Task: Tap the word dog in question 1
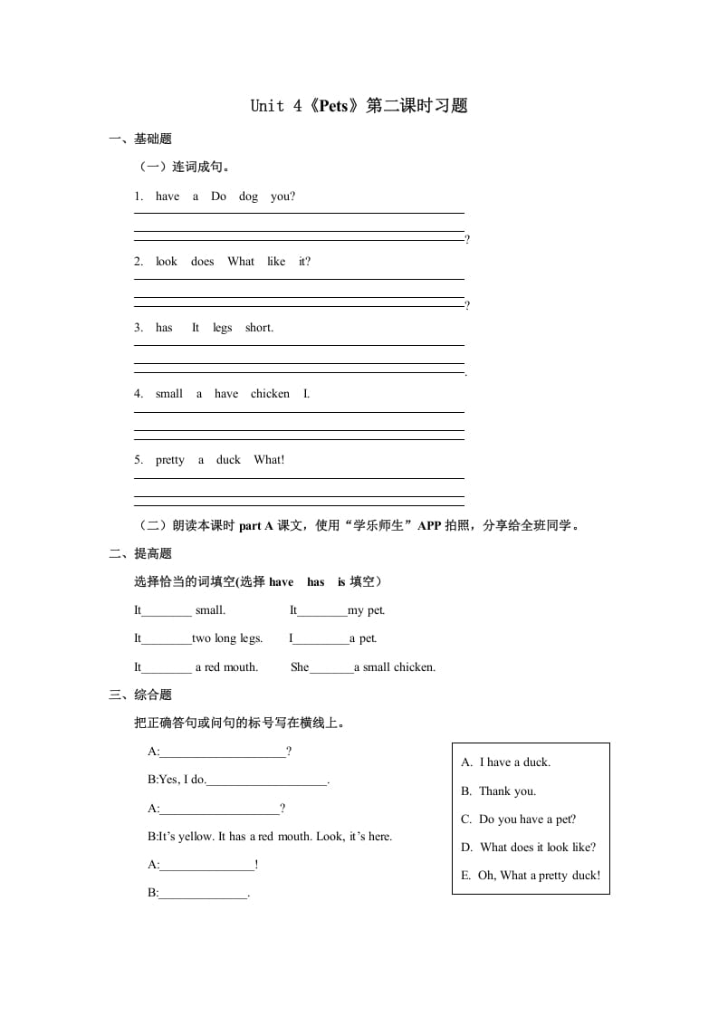(x=249, y=196)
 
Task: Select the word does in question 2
(x=203, y=262)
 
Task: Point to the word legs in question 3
(x=223, y=328)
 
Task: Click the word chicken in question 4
(x=270, y=394)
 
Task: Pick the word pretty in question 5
(x=170, y=460)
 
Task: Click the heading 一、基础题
(x=140, y=139)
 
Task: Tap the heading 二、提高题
(x=140, y=554)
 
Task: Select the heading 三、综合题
(x=140, y=695)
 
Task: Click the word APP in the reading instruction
(x=429, y=526)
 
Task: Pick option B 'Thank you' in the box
(x=507, y=791)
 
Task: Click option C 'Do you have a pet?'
(x=527, y=820)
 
